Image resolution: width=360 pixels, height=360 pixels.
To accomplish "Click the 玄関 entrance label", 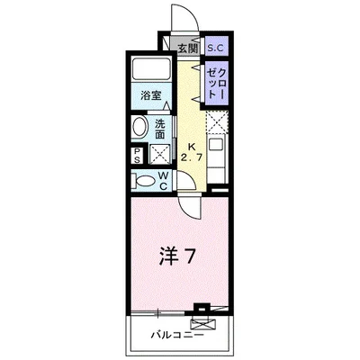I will [x=186, y=48].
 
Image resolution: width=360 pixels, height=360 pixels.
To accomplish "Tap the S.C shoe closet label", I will [x=215, y=48].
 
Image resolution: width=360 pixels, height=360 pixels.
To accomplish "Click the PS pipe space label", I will [x=137, y=154].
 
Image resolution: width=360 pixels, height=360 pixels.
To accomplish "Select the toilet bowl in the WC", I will [x=141, y=180].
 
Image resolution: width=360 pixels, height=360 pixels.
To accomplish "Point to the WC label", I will [x=165, y=180].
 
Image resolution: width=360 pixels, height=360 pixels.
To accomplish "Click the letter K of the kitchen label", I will [x=190, y=147].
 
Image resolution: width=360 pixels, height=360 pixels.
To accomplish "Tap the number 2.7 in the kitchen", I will [x=190, y=159].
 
